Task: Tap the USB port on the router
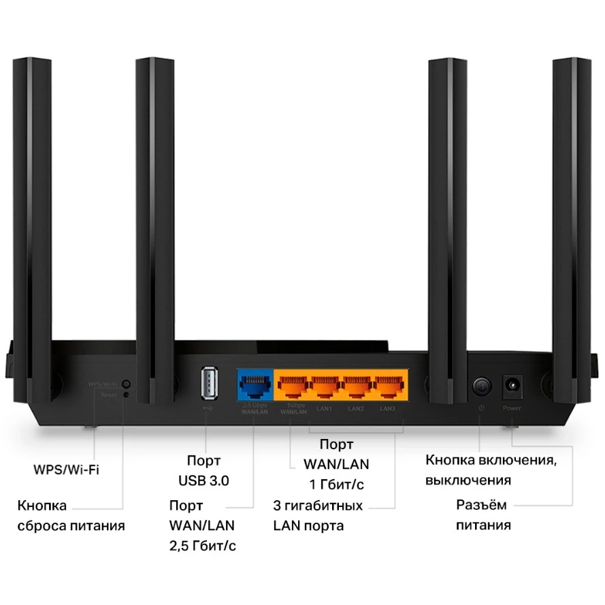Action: tap(209, 385)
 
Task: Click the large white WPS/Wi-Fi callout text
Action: tap(66, 470)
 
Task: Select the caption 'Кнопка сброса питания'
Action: tap(71, 516)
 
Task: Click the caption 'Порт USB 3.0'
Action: tap(203, 470)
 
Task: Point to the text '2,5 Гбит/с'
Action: tap(203, 546)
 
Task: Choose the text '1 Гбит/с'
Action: tap(336, 485)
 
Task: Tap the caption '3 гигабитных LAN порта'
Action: tap(317, 516)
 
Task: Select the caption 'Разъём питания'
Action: tap(483, 514)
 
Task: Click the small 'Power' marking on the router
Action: tap(511, 408)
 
